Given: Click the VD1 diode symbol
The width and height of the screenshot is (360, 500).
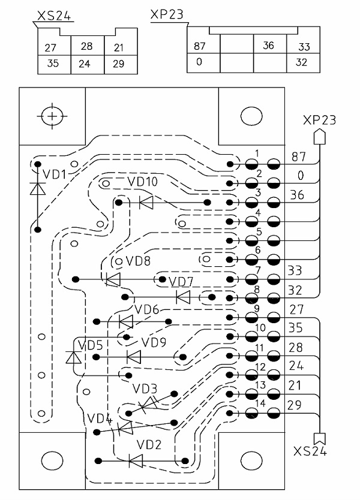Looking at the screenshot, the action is (37, 188).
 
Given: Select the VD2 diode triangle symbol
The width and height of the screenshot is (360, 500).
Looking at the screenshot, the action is (136, 461).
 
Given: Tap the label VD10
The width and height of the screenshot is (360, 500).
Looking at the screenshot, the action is (142, 182).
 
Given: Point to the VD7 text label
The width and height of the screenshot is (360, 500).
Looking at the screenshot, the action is (181, 282).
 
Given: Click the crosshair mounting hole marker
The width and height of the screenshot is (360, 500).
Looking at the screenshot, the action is (52, 116).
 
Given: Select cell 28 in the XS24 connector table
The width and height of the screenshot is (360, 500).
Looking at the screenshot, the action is (86, 46).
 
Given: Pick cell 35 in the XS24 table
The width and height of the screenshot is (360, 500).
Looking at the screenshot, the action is (53, 63).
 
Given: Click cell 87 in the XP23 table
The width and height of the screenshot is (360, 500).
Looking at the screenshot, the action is (200, 46).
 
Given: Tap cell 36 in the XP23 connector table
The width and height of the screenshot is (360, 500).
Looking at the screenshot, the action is (268, 46).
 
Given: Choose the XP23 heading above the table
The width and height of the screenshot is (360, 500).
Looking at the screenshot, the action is (167, 14).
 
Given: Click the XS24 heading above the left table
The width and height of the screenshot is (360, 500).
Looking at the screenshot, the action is (54, 16).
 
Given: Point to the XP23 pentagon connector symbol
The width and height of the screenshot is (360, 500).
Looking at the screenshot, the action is (320, 136).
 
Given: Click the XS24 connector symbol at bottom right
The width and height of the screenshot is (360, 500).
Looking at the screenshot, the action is (320, 439).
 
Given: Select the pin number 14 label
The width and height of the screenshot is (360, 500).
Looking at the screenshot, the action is (260, 403).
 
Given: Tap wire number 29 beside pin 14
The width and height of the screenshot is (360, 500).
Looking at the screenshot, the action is (294, 405).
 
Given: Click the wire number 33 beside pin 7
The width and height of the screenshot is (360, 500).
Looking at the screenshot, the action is (295, 271).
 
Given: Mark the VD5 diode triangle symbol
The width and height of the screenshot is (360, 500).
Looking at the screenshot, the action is (73, 357).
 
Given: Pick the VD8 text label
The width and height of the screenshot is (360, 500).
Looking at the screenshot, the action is (138, 261).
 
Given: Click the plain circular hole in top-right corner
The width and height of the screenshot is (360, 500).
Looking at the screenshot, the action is (251, 116).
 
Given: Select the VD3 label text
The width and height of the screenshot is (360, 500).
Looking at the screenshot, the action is (145, 388).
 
